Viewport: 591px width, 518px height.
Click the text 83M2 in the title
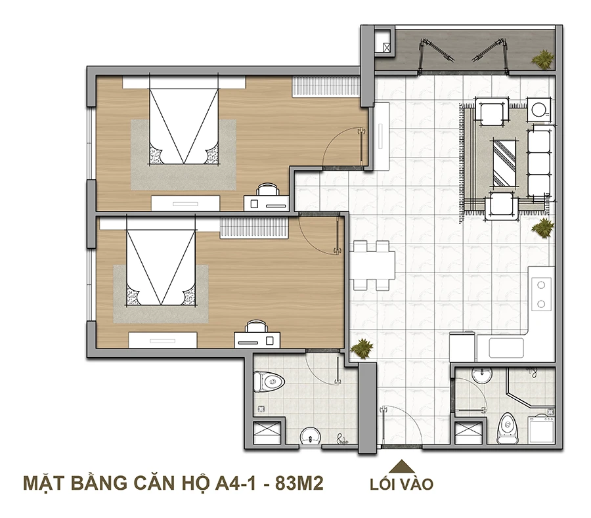[299, 483]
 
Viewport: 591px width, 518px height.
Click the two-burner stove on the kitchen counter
[541, 294]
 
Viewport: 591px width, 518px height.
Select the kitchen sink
[506, 348]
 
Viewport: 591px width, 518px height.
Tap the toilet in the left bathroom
[269, 382]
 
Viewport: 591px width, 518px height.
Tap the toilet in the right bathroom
[508, 428]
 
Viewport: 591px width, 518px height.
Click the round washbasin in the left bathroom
[310, 437]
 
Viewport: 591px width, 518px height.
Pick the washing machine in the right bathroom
[541, 429]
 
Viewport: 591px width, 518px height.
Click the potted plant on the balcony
[543, 59]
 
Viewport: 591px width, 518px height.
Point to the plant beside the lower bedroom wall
[362, 348]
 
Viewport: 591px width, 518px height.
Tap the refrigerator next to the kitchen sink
[462, 347]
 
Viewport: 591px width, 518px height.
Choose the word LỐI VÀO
[402, 484]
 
